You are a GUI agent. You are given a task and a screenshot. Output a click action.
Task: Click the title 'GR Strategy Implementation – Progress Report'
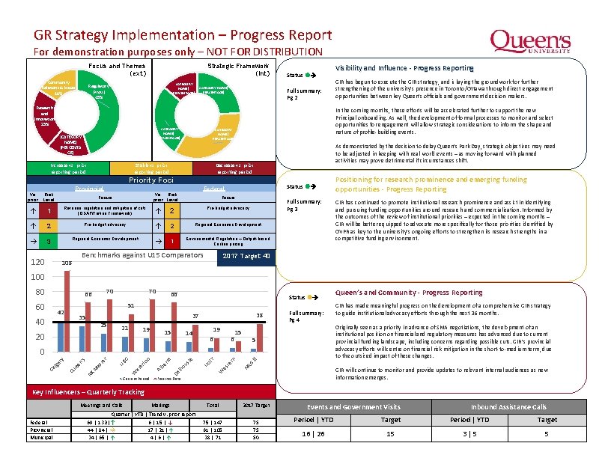(x=183, y=35)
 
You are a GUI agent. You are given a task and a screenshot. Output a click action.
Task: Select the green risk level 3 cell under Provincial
(x=49, y=242)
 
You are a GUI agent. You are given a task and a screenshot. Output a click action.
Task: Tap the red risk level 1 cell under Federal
(x=171, y=242)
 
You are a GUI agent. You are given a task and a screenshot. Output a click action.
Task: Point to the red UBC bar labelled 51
(x=131, y=330)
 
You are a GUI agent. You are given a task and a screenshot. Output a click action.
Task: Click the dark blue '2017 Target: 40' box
(x=248, y=256)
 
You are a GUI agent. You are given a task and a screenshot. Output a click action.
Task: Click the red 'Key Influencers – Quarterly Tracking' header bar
(x=149, y=391)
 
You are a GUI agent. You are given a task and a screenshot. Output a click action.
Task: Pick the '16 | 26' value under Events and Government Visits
(x=314, y=434)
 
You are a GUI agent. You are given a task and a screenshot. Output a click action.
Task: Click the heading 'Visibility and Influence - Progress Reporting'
(x=404, y=68)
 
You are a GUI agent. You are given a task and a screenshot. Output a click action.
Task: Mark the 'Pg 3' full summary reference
(x=293, y=209)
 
